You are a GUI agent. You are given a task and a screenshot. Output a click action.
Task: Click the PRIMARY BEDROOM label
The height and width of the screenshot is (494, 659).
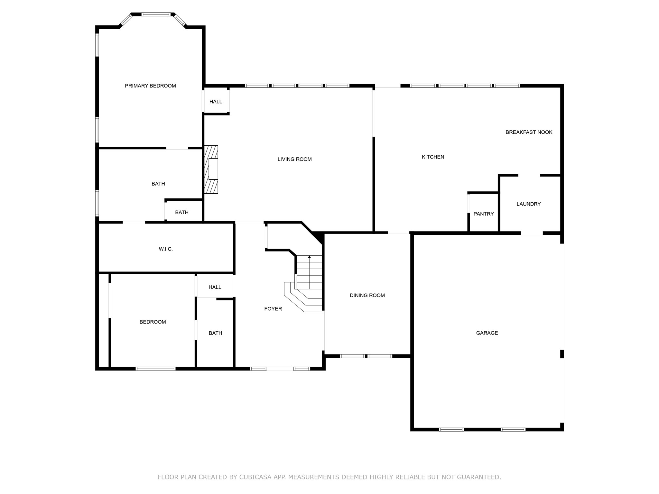tap(150, 86)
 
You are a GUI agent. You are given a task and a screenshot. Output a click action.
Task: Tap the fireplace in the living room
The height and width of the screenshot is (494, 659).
tap(211, 169)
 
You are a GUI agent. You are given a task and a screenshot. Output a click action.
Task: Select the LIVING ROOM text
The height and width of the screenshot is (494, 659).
tap(294, 159)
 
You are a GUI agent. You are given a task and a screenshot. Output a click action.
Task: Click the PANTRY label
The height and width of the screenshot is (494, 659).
tap(483, 214)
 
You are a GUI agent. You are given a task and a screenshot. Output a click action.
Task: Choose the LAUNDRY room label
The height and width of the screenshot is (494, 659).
tap(528, 204)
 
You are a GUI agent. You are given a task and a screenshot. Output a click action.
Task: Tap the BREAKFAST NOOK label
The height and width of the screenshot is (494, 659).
tap(529, 132)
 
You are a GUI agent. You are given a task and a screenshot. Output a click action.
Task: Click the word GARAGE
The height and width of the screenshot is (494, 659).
tap(487, 333)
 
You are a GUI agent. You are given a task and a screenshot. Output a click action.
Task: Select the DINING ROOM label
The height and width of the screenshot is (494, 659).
tap(367, 295)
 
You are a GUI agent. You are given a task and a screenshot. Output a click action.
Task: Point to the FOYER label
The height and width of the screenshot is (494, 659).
tap(273, 309)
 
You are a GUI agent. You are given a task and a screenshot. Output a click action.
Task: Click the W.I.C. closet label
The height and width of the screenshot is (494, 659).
tap(166, 249)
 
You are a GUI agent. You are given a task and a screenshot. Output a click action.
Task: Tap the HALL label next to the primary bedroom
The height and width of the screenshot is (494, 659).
tap(216, 102)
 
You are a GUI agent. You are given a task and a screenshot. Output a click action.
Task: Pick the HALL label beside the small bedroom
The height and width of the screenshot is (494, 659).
tap(215, 287)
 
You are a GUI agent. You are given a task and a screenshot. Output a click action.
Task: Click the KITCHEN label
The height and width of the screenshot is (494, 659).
tap(433, 157)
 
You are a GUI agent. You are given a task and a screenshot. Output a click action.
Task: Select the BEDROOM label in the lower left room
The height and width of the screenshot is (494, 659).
tap(153, 322)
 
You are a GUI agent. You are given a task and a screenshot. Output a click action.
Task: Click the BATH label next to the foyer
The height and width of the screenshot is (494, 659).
tap(215, 333)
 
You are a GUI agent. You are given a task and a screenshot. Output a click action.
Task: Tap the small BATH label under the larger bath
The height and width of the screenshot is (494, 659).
tap(182, 212)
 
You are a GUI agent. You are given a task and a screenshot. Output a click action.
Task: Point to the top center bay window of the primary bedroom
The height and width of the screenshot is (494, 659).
tap(156, 14)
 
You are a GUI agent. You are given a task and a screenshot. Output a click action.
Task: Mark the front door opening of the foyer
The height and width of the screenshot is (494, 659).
tap(280, 369)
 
